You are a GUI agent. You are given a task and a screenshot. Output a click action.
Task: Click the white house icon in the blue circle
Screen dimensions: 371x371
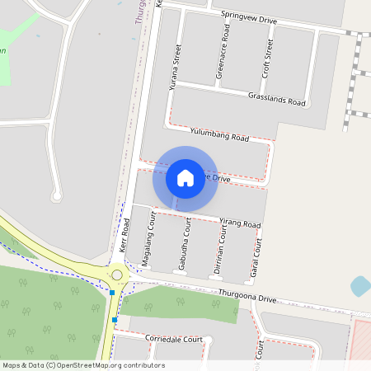[x=185, y=177]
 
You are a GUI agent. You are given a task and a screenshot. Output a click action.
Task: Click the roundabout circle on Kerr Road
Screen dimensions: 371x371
[x=117, y=275]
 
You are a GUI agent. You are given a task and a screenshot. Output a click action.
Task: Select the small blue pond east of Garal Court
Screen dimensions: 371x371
[x=360, y=286]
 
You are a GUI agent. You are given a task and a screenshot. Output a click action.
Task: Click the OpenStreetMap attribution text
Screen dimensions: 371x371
[x=82, y=365]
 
